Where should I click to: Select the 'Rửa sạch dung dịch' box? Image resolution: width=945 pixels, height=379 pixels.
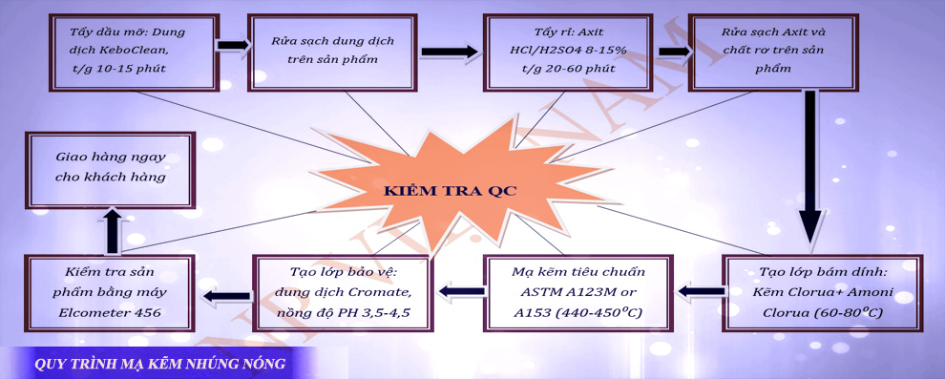(x=331, y=52)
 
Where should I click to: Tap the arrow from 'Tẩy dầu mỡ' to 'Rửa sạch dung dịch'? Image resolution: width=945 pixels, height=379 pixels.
(x=230, y=45)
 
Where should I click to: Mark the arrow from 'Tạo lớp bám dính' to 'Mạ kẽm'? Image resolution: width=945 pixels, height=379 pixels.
(x=700, y=289)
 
